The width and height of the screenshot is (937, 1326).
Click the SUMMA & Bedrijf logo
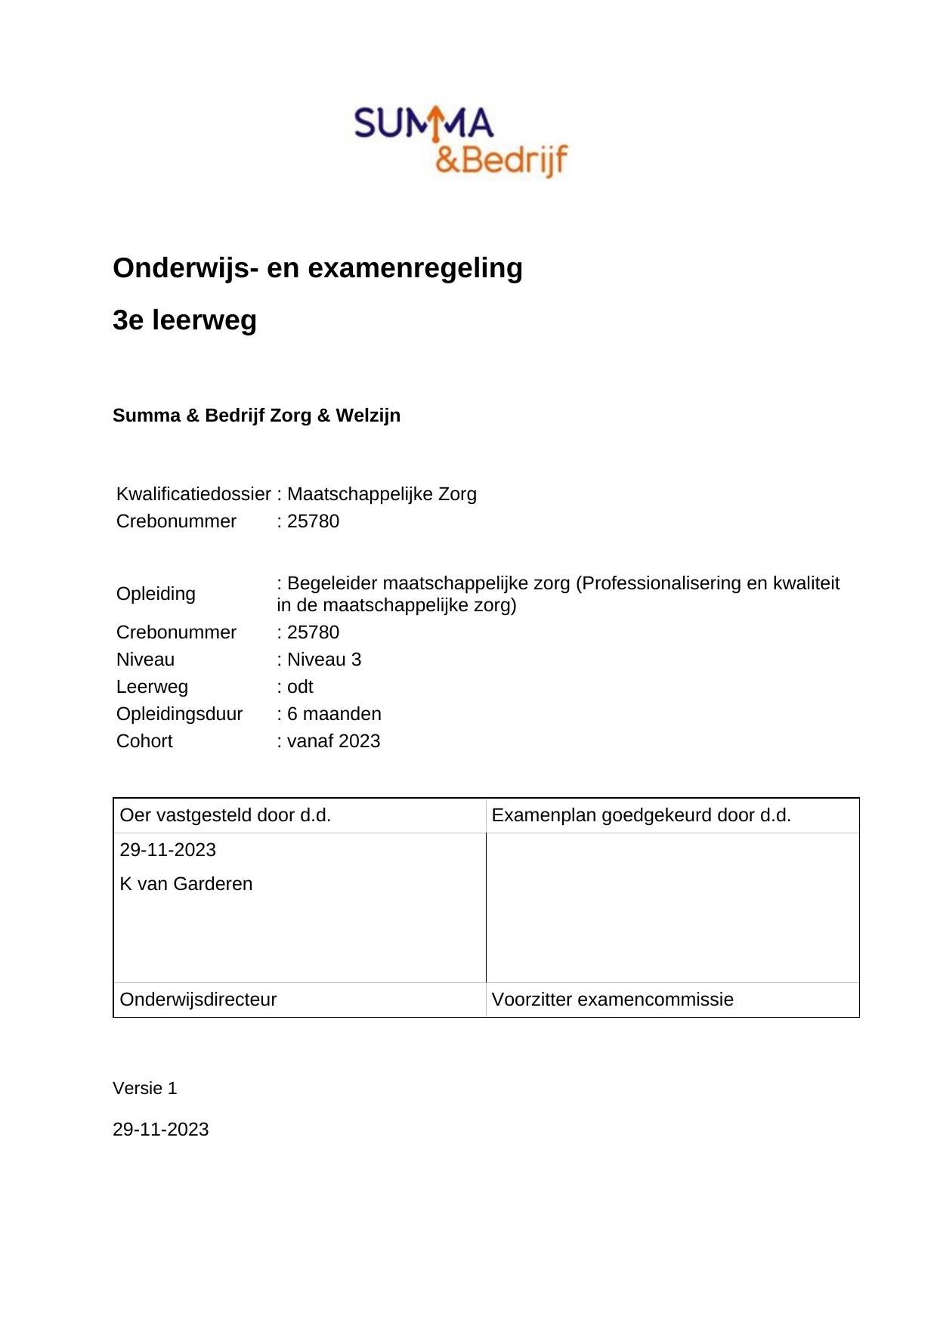(x=461, y=142)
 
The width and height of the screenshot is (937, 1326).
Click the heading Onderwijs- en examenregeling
(x=317, y=268)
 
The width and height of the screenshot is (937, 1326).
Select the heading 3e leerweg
(x=184, y=320)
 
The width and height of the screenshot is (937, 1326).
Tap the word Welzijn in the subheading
(x=368, y=416)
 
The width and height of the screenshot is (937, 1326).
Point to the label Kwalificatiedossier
(x=193, y=494)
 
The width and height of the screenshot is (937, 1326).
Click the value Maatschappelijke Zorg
(x=382, y=494)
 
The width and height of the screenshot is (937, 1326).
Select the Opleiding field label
(x=156, y=594)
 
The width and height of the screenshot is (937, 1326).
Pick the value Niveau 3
(x=323, y=660)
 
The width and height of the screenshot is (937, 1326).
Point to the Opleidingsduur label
(x=179, y=714)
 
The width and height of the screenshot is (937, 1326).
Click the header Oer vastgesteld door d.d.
(x=225, y=815)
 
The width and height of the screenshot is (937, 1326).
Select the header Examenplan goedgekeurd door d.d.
(x=641, y=815)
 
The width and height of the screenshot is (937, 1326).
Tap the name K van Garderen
(x=186, y=884)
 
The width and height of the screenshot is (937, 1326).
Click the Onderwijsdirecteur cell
(x=198, y=1000)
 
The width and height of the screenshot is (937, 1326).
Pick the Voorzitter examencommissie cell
(x=612, y=1000)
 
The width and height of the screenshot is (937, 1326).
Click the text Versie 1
(x=144, y=1089)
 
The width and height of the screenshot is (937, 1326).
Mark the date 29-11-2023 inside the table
(x=168, y=850)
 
